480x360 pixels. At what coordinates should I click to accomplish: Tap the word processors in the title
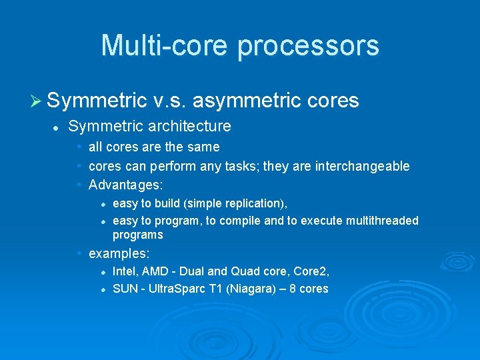tap(308, 46)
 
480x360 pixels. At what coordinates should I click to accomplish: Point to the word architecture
tap(189, 126)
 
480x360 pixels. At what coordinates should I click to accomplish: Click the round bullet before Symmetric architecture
tap(57, 127)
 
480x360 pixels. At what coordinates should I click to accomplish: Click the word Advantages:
tap(126, 184)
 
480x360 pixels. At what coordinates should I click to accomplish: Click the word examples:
tap(119, 253)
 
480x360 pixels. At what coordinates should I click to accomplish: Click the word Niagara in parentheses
tap(248, 289)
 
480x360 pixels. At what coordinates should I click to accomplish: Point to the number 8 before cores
tap(294, 289)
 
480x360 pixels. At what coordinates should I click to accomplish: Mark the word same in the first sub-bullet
tap(203, 147)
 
